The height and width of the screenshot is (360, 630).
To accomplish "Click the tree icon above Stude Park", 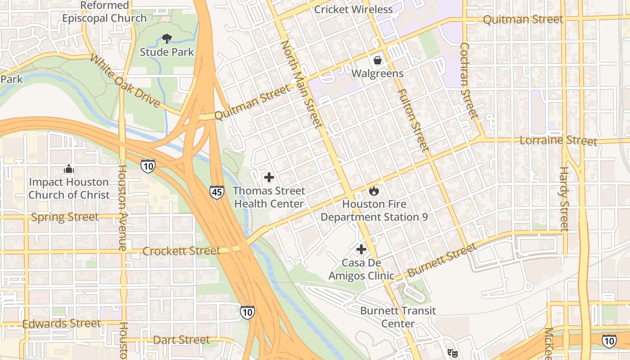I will [x=167, y=39].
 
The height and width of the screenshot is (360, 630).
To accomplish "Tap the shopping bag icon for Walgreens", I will [x=378, y=60].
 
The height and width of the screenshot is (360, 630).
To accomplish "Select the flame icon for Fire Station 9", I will [x=373, y=191].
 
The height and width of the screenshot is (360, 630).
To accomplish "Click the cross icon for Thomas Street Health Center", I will [x=269, y=178].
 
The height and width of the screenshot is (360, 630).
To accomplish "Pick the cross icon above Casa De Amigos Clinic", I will [x=361, y=249].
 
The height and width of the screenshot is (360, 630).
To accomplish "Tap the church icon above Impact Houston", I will [x=69, y=169].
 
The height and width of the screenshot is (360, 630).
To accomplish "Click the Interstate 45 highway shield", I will [x=216, y=193].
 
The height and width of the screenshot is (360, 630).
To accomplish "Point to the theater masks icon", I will [x=452, y=353].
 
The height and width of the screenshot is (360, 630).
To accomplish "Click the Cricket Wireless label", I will [x=353, y=9].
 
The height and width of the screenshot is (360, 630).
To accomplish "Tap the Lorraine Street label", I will [x=558, y=140].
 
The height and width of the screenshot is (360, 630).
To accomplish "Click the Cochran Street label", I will [x=468, y=81].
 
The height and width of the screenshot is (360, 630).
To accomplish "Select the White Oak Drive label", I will [x=125, y=81].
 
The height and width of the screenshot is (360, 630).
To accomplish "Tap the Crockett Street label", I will [x=181, y=251].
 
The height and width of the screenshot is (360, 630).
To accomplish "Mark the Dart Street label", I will [x=181, y=340].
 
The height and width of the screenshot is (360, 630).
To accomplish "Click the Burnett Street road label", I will [x=442, y=260].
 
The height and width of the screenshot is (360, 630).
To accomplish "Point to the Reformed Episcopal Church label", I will [x=104, y=12].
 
